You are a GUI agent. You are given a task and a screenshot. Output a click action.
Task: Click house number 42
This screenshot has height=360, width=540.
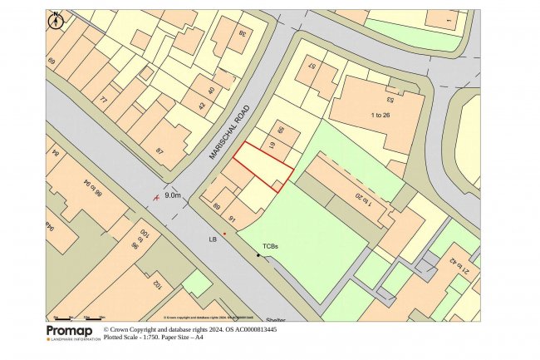tap(200, 106)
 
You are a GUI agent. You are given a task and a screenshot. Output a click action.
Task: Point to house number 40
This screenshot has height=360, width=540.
tap(211, 91)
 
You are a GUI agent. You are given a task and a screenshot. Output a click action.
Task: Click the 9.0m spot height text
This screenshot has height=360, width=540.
tap(174, 195)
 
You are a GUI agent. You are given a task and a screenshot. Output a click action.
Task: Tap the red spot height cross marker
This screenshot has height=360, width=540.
tap(156, 199)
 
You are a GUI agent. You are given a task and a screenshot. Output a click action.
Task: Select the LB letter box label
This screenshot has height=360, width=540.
tap(212, 239)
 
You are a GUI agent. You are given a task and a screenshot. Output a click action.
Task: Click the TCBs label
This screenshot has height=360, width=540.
tap(271, 247)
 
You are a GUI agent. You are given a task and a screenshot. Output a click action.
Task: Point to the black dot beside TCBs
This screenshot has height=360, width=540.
tap(258, 255)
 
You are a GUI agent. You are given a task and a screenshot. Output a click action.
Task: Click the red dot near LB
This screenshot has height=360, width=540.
tap(224, 234)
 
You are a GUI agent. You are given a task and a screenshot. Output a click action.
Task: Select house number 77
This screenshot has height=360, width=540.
tap(103, 100)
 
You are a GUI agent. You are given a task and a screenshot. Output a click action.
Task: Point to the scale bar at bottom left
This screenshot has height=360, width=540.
tap(79, 318)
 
